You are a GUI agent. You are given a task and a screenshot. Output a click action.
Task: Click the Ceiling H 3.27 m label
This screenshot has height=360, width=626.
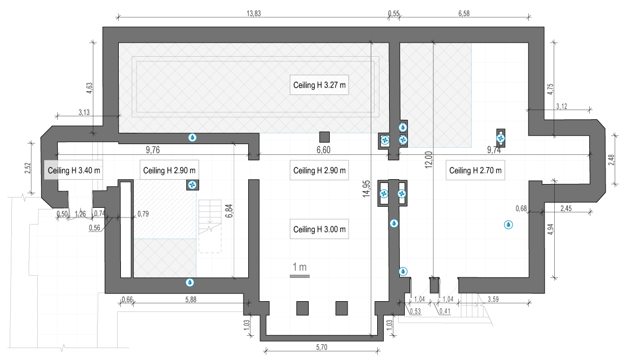(x=319, y=85)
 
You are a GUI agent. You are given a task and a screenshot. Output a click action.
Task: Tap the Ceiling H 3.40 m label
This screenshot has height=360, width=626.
(x=73, y=171)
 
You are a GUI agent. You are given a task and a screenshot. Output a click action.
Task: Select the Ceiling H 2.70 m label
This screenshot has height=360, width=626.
(x=475, y=171)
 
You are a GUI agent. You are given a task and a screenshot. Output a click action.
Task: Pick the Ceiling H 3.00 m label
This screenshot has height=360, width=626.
(x=319, y=229)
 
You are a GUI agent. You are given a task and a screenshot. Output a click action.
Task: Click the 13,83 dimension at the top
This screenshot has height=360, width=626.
(x=254, y=13)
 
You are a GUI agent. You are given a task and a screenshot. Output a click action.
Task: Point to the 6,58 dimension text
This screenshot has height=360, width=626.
(x=464, y=13)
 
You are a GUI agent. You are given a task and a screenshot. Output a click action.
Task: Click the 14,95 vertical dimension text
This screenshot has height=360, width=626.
(x=366, y=189)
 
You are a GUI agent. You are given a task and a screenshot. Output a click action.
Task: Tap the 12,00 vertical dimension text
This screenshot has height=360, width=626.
(x=429, y=160)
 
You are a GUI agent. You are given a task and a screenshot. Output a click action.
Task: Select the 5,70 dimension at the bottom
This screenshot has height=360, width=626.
(x=322, y=347)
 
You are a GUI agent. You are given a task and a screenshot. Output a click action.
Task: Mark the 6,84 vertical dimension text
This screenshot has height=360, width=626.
(x=229, y=210)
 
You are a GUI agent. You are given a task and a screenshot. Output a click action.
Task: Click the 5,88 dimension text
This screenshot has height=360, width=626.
(x=191, y=300)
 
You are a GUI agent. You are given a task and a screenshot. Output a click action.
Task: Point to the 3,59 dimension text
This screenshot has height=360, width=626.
(x=493, y=299)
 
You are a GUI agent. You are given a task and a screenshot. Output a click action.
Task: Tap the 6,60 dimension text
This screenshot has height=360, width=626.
(x=323, y=150)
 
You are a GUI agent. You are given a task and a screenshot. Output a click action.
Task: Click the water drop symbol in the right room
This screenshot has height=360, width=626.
(x=508, y=225)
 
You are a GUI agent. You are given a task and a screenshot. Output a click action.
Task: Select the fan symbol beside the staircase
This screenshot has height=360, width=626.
(x=193, y=185)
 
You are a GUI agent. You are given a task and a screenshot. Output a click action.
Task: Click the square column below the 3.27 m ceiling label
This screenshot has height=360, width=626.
(x=324, y=137)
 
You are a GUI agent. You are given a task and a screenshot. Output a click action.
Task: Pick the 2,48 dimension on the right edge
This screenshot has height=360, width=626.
(x=611, y=160)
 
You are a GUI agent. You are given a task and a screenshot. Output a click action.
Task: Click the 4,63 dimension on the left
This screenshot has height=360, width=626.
(x=90, y=88)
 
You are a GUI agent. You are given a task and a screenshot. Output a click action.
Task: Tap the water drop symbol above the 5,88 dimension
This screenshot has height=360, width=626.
(x=190, y=283)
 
